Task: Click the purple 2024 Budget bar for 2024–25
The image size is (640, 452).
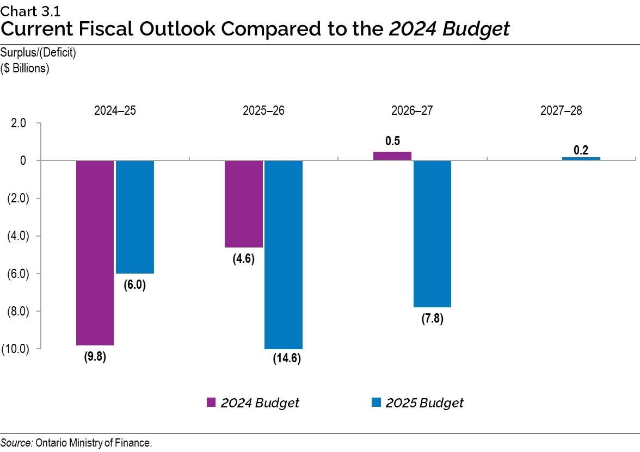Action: click(95, 253)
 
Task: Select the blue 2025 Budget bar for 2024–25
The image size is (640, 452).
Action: click(135, 217)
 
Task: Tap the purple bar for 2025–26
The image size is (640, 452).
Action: click(244, 204)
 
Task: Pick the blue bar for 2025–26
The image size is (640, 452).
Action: click(284, 255)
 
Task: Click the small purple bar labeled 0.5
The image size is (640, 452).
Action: click(392, 156)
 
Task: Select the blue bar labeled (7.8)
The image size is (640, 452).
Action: click(432, 234)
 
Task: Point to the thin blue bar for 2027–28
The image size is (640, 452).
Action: click(581, 158)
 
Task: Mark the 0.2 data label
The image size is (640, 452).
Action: click(581, 150)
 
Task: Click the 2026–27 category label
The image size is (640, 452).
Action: click(412, 111)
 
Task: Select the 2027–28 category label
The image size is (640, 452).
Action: click(561, 111)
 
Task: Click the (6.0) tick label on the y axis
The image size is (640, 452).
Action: click(15, 274)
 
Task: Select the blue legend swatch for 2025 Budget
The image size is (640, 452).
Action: click(376, 403)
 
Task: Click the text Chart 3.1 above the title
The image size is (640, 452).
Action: click(23, 9)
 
